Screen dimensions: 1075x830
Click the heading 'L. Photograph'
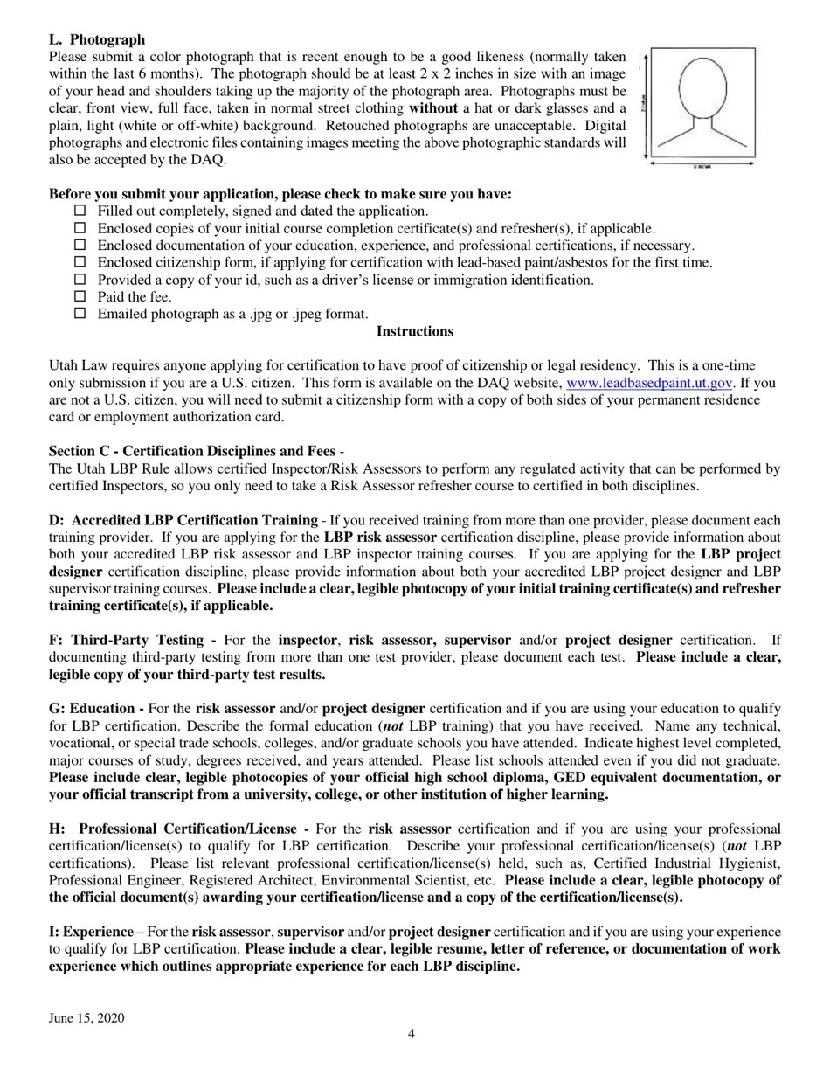pos(97,39)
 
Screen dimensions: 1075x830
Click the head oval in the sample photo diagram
pos(703,87)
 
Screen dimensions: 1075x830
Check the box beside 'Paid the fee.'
pos(80,296)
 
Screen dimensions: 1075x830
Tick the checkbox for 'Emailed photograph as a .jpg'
pos(80,314)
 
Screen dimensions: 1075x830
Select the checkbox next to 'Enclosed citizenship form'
pos(80,262)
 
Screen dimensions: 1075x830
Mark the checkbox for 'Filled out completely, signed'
pos(80,211)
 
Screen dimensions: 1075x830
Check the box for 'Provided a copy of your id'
pos(80,280)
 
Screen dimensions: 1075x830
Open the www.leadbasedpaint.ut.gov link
pos(649,383)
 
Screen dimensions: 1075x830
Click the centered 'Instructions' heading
pos(414,331)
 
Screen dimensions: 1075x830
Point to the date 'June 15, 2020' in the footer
pos(86,1018)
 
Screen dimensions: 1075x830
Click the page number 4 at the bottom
pos(412,1034)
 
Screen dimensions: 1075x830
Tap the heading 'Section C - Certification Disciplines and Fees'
pos(191,451)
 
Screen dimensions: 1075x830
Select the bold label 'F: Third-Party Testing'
pos(132,640)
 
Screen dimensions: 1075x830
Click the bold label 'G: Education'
pos(96,709)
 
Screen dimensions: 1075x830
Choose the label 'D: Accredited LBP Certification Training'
pos(183,520)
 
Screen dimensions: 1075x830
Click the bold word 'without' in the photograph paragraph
pos(432,108)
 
